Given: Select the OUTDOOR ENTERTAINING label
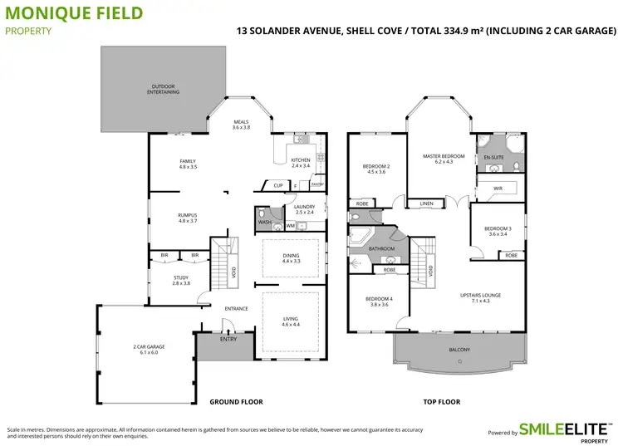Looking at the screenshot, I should tap(164, 89).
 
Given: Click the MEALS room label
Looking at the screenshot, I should tap(241, 125).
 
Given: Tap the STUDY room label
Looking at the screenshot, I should tap(181, 280).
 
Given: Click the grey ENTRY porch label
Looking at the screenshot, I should tap(228, 339).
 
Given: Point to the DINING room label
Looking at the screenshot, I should tap(290, 258).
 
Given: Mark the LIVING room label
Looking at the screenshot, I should tap(290, 320).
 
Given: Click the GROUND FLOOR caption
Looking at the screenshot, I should tap(236, 402).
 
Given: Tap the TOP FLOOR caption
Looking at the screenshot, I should tap(441, 402).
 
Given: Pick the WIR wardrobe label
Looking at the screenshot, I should tap(498, 189).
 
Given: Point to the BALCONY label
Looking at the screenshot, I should tap(459, 350).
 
